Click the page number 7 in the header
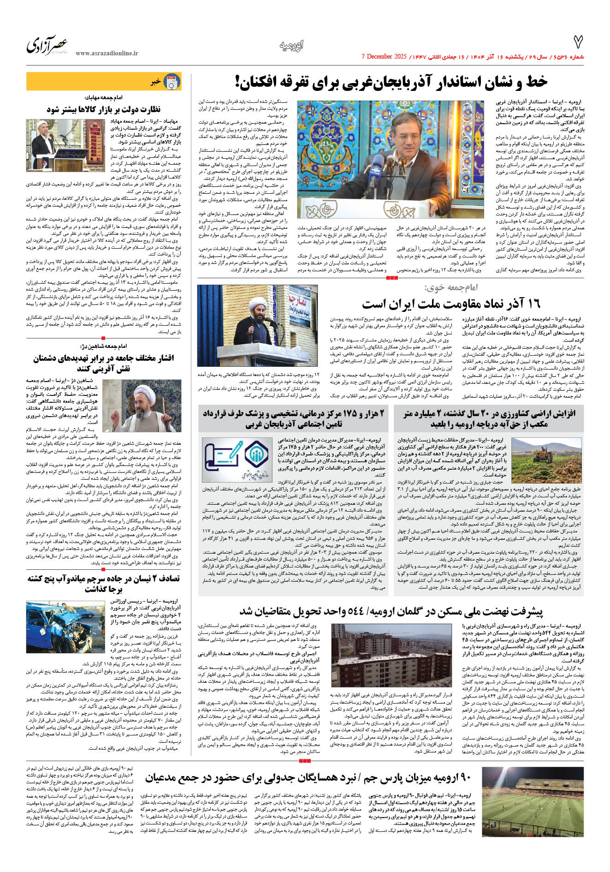tap(577, 42)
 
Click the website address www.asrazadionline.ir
tap(107, 54)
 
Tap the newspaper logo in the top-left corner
tap(47, 45)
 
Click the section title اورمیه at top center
tap(292, 45)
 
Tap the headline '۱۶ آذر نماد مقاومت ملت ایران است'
tap(450, 304)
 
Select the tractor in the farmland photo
tap(548, 453)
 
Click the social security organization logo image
tap(237, 455)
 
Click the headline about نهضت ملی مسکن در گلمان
tap(391, 611)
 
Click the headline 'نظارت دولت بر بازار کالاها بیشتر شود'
tap(104, 109)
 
